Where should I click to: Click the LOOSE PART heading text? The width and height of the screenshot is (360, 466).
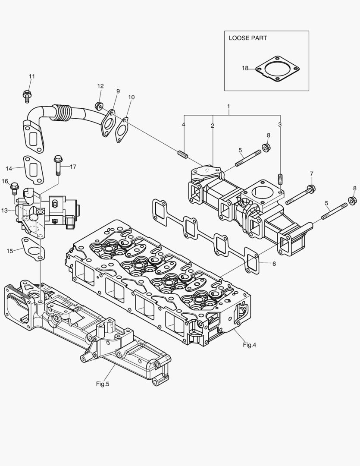(247, 38)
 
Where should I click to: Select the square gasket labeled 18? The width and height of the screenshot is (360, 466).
(277, 69)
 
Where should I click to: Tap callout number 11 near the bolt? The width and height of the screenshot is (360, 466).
(31, 76)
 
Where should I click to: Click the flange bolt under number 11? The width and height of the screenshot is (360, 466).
(26, 95)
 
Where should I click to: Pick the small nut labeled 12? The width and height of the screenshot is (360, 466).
(100, 106)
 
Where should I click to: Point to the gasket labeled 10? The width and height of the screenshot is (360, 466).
(122, 130)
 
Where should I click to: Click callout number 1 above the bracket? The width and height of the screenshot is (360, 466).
(229, 106)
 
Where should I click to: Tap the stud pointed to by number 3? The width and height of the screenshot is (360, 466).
(280, 179)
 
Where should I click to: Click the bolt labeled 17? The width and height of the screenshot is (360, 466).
(58, 165)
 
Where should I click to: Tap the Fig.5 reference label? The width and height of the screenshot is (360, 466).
(103, 383)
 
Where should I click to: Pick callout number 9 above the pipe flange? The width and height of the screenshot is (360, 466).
(118, 91)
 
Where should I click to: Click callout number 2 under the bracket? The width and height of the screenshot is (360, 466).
(213, 126)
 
